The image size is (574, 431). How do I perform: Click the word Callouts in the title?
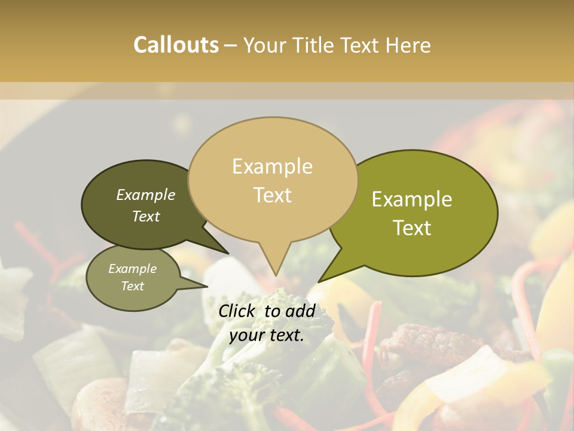tap(176, 45)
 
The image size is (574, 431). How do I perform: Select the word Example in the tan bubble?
tap(272, 166)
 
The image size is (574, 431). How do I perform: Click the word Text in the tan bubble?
tap(273, 195)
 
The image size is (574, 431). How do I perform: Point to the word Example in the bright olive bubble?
tap(412, 199)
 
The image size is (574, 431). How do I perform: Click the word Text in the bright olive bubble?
tap(413, 228)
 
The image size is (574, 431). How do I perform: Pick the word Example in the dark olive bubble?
tap(146, 195)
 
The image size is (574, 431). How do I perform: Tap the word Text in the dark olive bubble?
tap(146, 217)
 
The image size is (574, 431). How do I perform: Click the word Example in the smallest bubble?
tap(132, 269)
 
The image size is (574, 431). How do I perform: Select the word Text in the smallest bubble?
tap(132, 286)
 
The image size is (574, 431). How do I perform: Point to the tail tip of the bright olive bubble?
tap(319, 281)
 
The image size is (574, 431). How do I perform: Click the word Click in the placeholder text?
tap(237, 311)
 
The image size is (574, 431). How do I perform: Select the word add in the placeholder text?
tap(302, 311)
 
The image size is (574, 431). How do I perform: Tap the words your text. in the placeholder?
tap(267, 336)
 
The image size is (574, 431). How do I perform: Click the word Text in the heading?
tap(359, 45)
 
